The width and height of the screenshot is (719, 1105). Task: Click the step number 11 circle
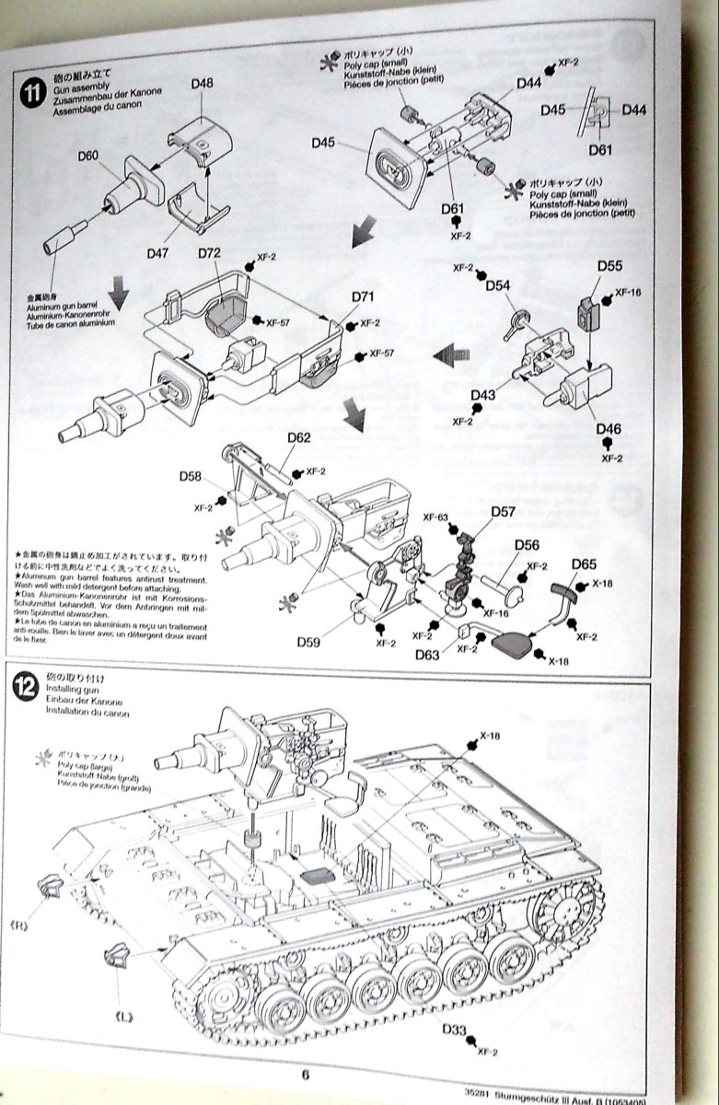tap(31, 91)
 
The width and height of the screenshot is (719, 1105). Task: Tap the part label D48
tap(203, 84)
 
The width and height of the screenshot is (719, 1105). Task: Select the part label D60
tap(87, 156)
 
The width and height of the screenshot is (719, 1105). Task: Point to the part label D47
tap(158, 252)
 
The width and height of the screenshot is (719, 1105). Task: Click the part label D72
tap(209, 253)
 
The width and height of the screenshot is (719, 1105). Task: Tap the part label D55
tap(609, 265)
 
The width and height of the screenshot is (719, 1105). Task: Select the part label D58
tap(190, 476)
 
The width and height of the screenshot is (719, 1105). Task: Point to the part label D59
tap(309, 642)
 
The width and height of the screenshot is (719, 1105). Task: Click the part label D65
tap(584, 564)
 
